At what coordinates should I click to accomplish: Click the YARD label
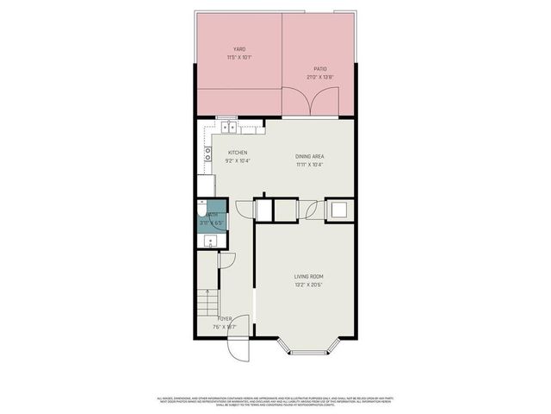point(238,49)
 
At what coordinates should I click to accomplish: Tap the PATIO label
point(319,69)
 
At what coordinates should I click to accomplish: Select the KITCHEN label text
point(238,153)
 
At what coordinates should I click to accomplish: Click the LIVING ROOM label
point(307,276)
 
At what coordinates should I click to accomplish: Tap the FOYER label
point(224,319)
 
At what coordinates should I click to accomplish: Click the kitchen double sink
point(230,128)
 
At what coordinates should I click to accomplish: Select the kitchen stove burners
point(208,156)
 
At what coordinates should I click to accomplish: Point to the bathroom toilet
point(202,210)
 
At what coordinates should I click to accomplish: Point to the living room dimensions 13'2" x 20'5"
point(307,284)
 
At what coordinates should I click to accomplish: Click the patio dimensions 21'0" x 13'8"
point(319,77)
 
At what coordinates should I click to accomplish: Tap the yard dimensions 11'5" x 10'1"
point(238,57)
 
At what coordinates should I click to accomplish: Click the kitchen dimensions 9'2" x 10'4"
point(238,160)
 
